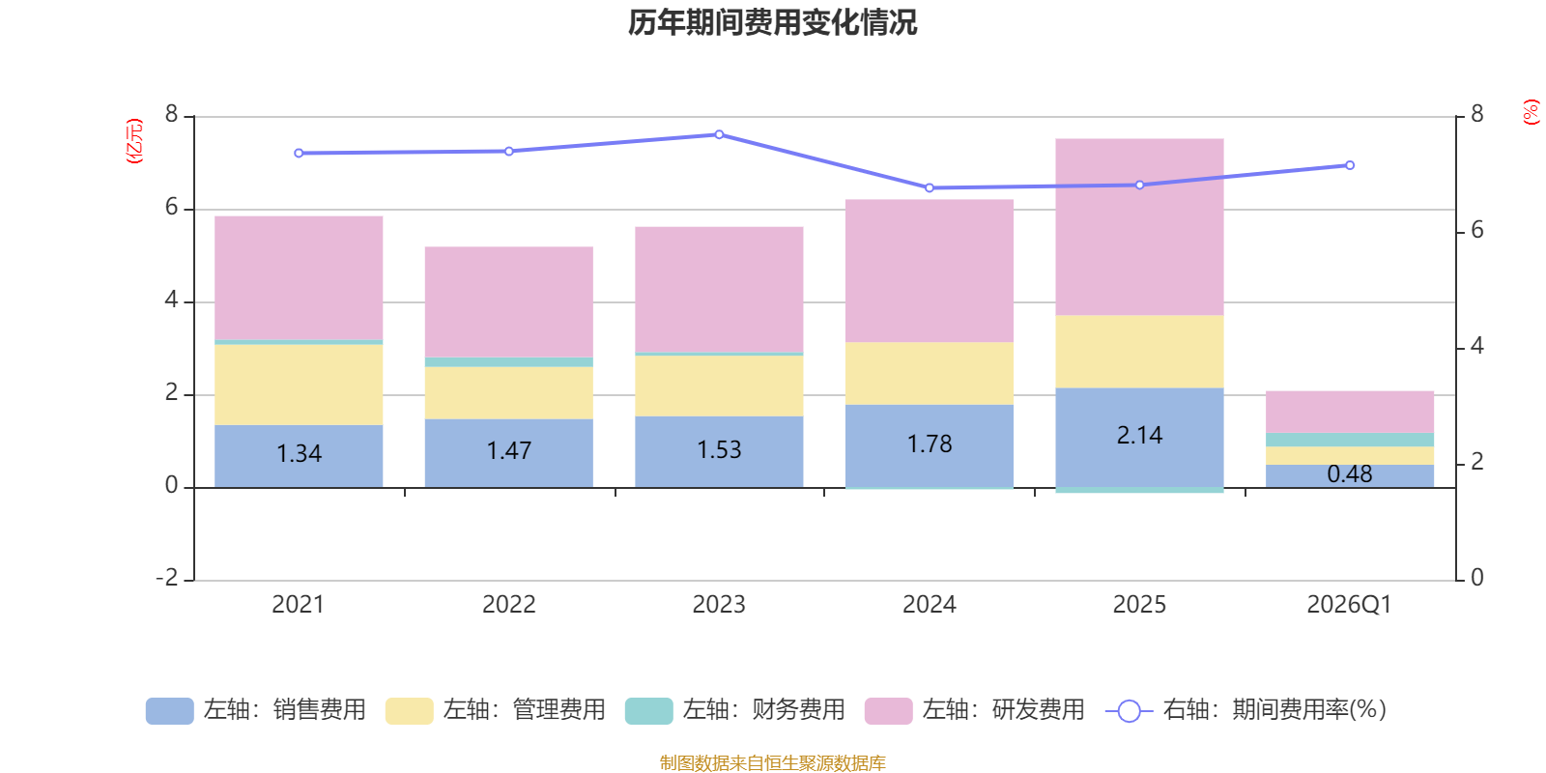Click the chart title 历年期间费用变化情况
tap(772, 22)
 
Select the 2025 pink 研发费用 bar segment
tap(1139, 227)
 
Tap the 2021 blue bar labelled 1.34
tap(299, 454)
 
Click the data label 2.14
tap(1139, 436)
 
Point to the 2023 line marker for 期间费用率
tap(719, 134)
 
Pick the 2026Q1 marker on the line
tap(1350, 165)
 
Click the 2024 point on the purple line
tap(930, 187)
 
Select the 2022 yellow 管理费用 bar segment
tap(508, 392)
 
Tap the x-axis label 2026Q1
tap(1349, 605)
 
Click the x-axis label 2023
tap(719, 605)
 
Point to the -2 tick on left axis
tap(168, 578)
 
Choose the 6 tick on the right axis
tap(1476, 230)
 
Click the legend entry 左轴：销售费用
tap(257, 710)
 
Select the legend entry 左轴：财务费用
tap(736, 710)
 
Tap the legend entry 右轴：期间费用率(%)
tap(1246, 710)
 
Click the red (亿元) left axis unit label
tap(134, 141)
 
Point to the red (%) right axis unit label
tap(1531, 112)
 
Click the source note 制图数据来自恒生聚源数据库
tap(772, 763)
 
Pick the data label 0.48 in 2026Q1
tap(1349, 474)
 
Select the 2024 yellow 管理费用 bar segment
tap(930, 373)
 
